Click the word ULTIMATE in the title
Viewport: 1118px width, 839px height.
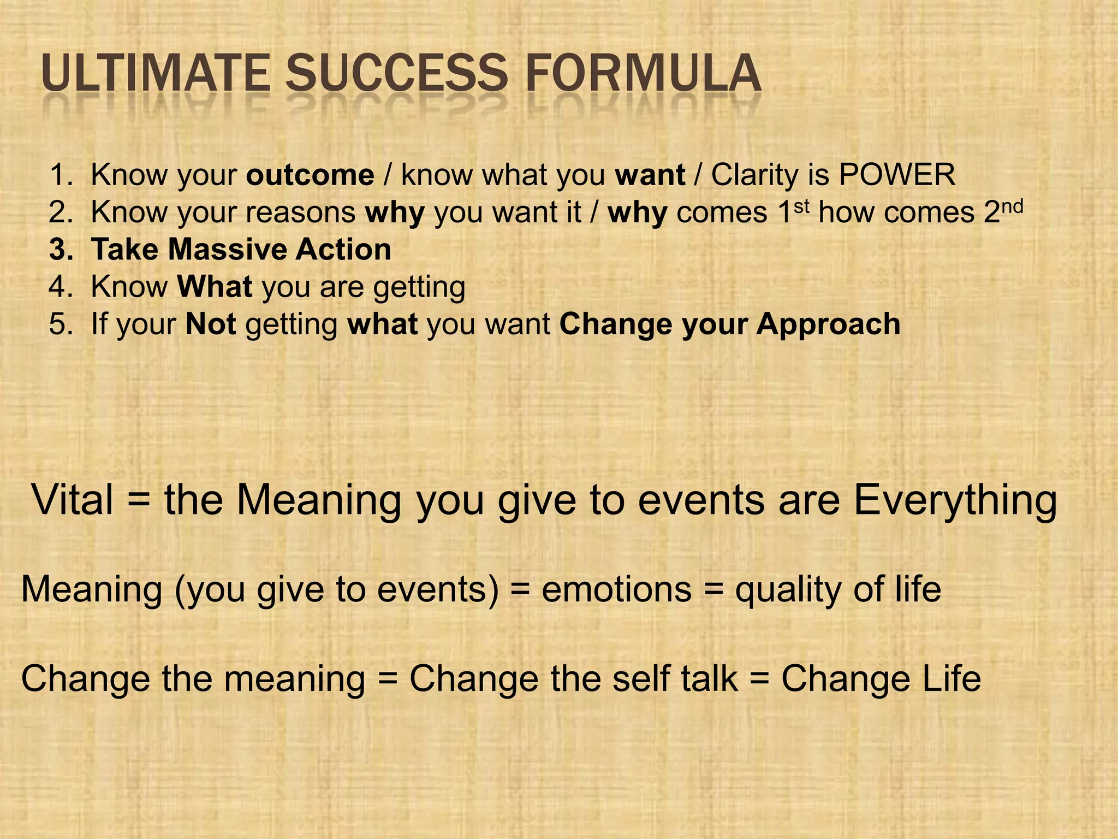pyautogui.click(x=155, y=73)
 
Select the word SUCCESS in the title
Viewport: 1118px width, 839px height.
pyautogui.click(x=397, y=73)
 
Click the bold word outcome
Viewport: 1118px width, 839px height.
pyautogui.click(x=310, y=175)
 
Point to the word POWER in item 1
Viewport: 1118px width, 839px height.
pyautogui.click(x=897, y=175)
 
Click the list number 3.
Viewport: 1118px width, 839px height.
pyautogui.click(x=60, y=250)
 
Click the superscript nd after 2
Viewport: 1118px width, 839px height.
pyautogui.click(x=1012, y=206)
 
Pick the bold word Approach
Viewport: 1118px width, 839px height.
pyautogui.click(x=828, y=324)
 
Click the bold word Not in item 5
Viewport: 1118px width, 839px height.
pyautogui.click(x=211, y=324)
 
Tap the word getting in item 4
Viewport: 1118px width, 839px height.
pyautogui.click(x=419, y=288)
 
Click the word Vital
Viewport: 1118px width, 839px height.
pyautogui.click(x=73, y=500)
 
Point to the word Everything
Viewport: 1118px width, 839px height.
pyautogui.click(x=955, y=501)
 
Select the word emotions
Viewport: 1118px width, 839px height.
pyautogui.click(x=616, y=590)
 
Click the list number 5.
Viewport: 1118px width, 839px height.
pyautogui.click(x=60, y=324)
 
